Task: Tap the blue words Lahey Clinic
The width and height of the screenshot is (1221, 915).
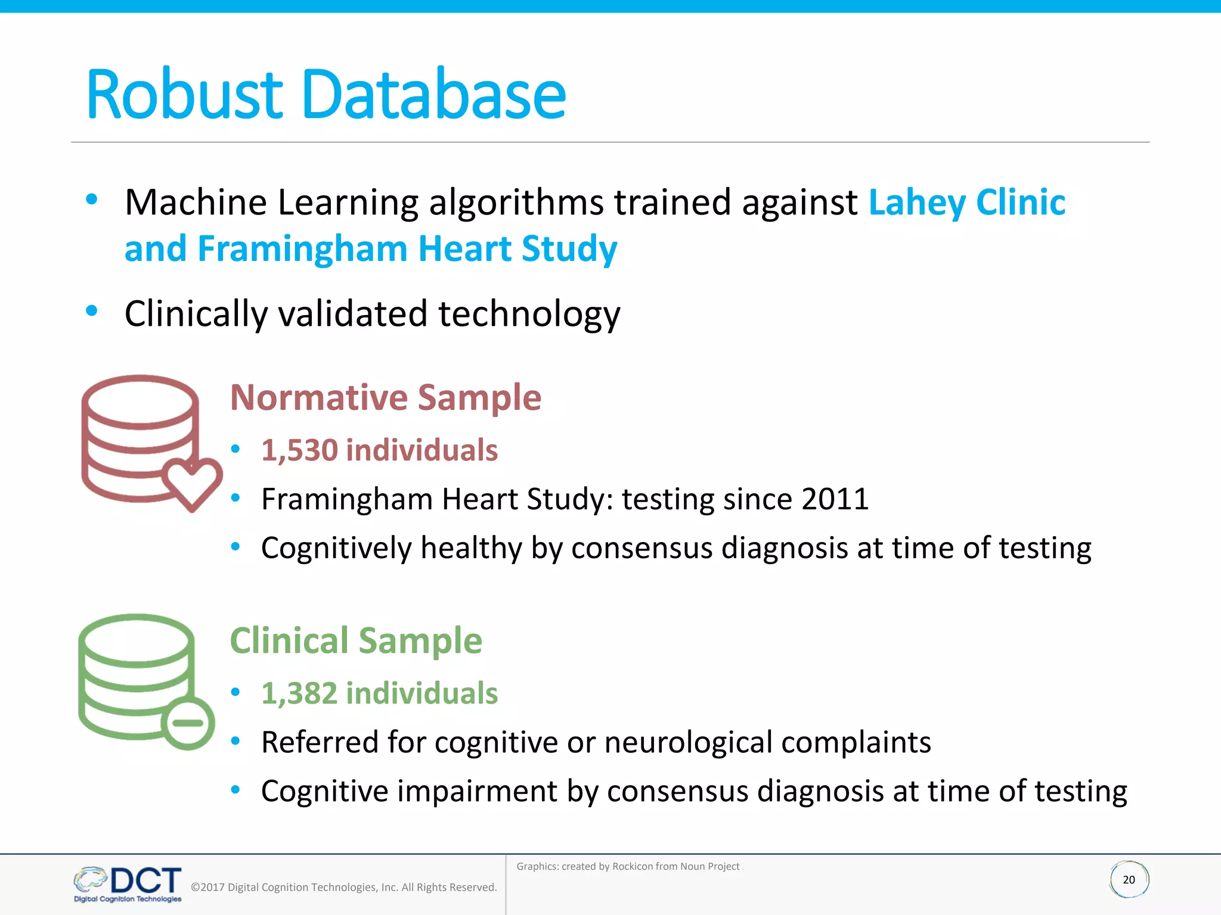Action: tap(966, 203)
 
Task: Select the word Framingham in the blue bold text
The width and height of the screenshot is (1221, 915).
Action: tap(303, 248)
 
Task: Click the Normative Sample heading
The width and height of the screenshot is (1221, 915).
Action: tap(385, 397)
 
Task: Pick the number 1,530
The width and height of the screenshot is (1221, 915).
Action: tap(299, 450)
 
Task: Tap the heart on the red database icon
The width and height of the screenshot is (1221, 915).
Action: tap(192, 483)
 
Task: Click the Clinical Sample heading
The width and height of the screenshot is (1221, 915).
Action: tap(356, 641)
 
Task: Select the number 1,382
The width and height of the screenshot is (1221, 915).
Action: tap(299, 693)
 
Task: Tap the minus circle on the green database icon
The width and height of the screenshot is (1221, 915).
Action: tap(188, 723)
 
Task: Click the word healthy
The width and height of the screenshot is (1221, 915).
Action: tap(471, 548)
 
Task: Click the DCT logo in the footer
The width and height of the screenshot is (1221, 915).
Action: tap(128, 883)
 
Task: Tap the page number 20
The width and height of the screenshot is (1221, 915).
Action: tap(1129, 880)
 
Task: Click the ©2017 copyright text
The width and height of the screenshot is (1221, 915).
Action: tap(343, 887)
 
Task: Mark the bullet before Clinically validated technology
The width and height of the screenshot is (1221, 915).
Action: tap(91, 310)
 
